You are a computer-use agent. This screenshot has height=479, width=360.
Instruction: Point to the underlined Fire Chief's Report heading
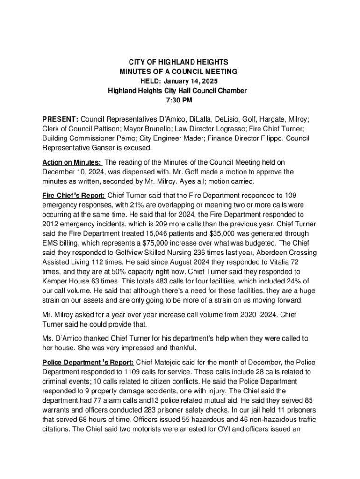[73, 196]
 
